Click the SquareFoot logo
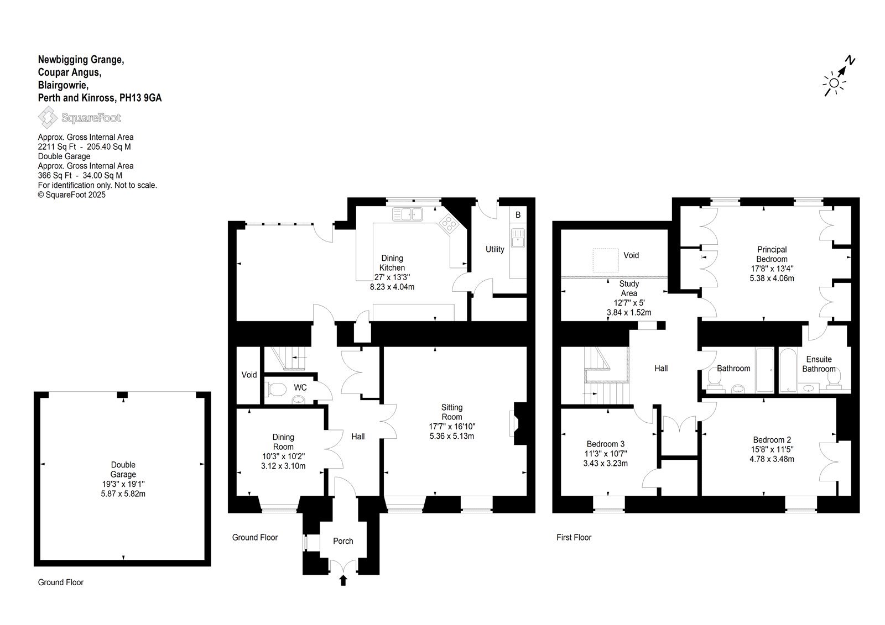[80, 117]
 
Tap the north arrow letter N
[850, 61]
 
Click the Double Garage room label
[123, 470]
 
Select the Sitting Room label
[451, 412]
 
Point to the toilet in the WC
[277, 390]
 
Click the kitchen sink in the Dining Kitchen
[407, 214]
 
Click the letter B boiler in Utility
[518, 215]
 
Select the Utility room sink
[518, 238]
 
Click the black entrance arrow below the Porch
[343, 580]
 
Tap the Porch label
[343, 541]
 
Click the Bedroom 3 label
[605, 444]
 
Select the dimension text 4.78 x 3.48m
[772, 459]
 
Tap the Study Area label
[629, 288]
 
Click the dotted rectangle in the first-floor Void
[606, 260]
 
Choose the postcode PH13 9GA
[140, 97]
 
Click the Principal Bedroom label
[772, 254]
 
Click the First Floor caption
[574, 537]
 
